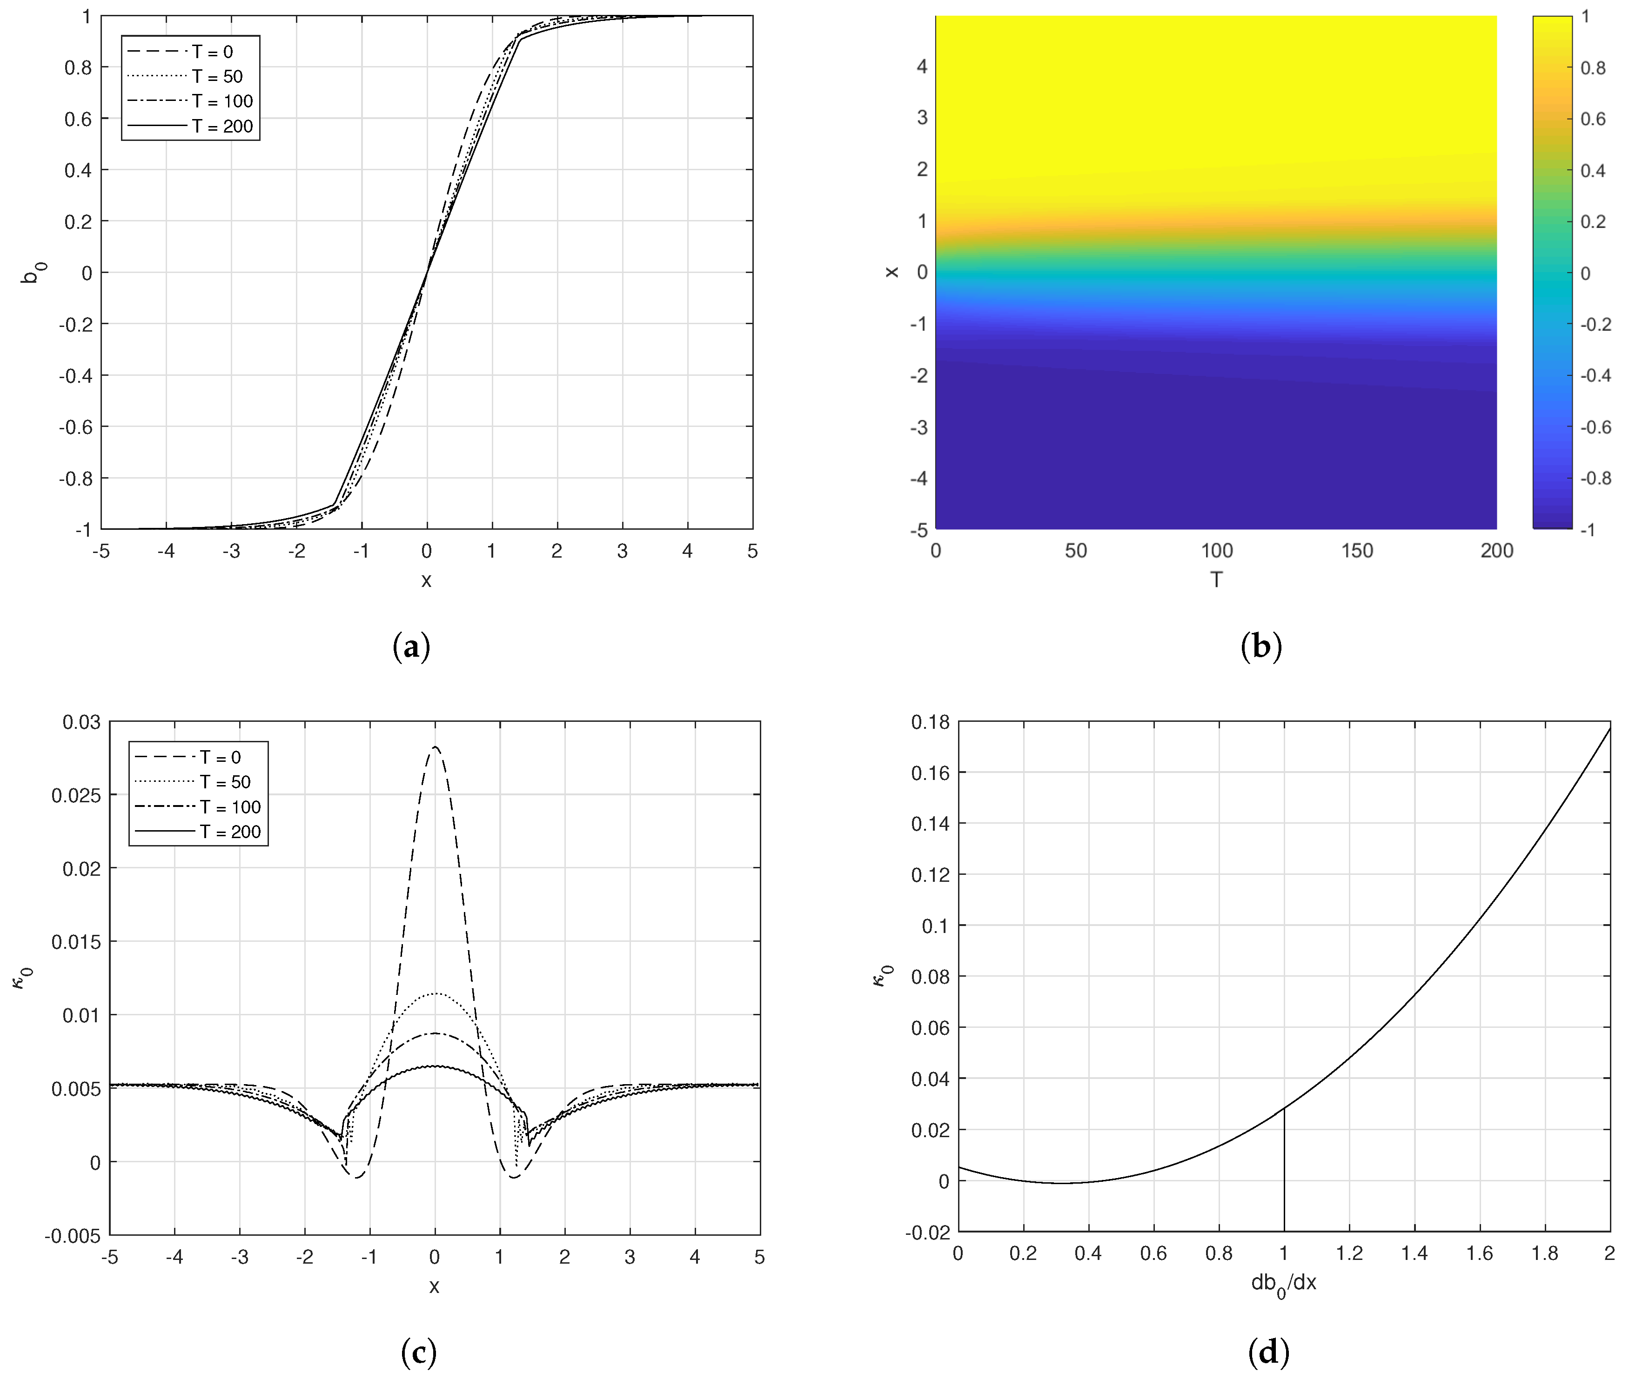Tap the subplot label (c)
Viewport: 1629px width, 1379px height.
(x=418, y=1352)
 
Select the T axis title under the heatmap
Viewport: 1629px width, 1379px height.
(x=1216, y=580)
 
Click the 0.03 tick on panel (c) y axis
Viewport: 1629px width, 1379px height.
(x=81, y=721)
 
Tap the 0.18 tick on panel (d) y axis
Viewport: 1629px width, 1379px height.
(x=930, y=721)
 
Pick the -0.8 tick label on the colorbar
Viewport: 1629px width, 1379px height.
(x=1595, y=478)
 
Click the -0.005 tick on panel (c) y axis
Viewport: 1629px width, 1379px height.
(x=73, y=1236)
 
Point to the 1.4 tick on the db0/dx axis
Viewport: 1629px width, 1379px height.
(x=1414, y=1254)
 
